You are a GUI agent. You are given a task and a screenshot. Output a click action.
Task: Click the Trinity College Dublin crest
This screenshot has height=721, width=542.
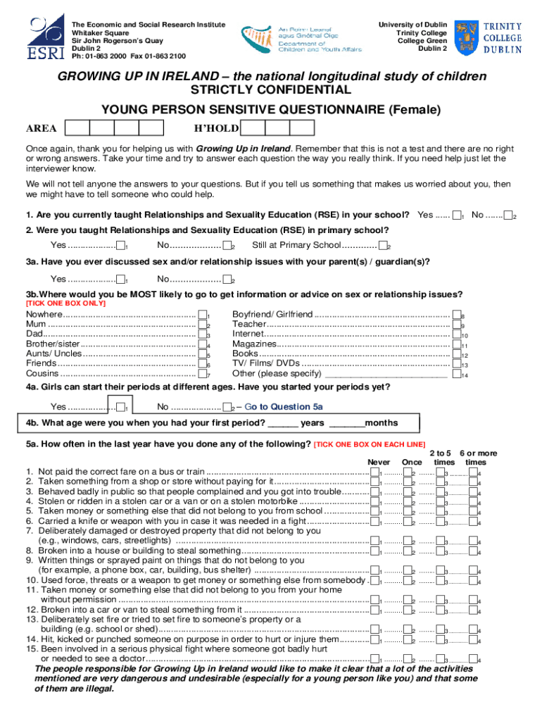tap(469, 37)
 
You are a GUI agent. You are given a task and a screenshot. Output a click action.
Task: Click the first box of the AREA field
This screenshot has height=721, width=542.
tap(77, 127)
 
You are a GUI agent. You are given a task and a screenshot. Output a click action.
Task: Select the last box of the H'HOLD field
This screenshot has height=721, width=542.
tap(302, 127)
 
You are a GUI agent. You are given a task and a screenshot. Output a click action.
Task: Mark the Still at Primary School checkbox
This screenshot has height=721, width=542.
tap(383, 246)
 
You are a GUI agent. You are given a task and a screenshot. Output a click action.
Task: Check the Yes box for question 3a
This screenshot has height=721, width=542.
tap(120, 279)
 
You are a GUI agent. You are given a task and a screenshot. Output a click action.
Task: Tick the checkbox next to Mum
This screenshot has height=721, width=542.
tap(203, 325)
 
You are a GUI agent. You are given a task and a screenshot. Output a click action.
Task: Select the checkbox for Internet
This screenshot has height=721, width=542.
tap(456, 334)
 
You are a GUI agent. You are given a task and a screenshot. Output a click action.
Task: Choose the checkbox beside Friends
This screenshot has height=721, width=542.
tap(203, 364)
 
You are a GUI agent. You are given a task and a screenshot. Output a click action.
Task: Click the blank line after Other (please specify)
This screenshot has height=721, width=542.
tap(385, 374)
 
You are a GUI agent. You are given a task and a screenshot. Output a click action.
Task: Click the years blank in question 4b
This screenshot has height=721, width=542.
tap(283, 423)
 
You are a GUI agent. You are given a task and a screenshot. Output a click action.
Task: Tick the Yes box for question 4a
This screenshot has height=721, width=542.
tap(120, 407)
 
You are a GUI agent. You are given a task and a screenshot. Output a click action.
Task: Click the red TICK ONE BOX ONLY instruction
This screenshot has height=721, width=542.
tap(65, 303)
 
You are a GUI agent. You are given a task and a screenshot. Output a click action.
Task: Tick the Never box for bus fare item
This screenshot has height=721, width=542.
tap(375, 472)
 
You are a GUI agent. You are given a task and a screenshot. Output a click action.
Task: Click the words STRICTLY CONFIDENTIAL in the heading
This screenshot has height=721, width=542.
tap(271, 91)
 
